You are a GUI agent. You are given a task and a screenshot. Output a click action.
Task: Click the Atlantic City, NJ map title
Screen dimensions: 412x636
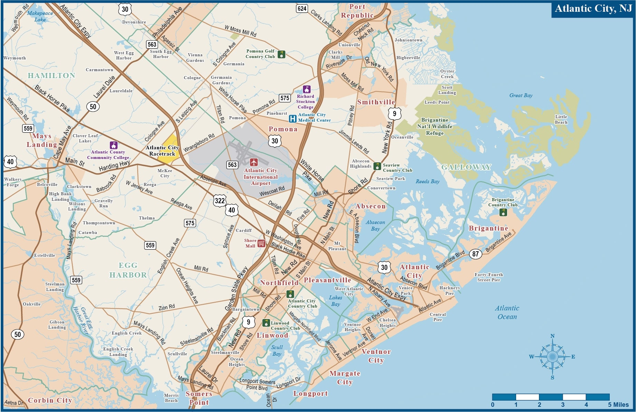[593, 9]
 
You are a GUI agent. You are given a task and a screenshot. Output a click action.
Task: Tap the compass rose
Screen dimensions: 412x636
[552, 357]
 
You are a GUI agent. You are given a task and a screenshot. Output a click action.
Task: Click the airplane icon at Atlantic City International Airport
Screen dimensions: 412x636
[254, 162]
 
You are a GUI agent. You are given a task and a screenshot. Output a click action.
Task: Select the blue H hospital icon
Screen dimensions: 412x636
[293, 119]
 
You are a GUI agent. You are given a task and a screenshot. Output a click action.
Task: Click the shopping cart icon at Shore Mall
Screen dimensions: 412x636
[262, 243]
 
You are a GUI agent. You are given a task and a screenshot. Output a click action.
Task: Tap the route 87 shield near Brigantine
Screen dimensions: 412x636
[475, 254]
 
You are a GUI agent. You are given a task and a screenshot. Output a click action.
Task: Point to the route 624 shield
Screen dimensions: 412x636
[302, 9]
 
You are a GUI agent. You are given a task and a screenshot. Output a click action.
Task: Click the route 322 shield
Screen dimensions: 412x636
[220, 200]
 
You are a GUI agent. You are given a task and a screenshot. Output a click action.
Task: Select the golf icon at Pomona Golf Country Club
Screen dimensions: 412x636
[282, 54]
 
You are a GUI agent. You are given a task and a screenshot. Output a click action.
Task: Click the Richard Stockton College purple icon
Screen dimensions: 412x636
[306, 89]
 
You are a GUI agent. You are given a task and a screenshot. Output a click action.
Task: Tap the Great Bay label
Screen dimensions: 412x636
[521, 95]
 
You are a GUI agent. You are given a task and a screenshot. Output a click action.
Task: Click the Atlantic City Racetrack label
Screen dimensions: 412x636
[162, 151]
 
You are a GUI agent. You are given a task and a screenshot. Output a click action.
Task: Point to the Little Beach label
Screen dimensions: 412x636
[561, 119]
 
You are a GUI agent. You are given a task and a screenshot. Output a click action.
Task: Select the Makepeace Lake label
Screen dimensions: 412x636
[40, 16]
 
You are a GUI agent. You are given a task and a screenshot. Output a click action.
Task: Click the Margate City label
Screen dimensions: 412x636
[345, 377]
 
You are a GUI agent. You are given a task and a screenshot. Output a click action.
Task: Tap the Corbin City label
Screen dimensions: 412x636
[50, 400]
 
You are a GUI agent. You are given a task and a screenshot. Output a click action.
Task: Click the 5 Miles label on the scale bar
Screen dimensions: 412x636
[618, 405]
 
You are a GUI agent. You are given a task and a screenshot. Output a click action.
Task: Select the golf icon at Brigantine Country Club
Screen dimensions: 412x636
[503, 212]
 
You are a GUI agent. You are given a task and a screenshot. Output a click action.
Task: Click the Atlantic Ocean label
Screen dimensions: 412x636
[507, 312]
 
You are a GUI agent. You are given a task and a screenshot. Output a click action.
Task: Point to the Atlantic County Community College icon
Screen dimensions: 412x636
[113, 145]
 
